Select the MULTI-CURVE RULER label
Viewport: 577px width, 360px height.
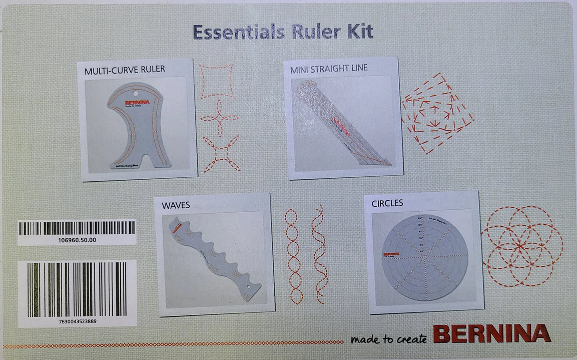(x=125, y=69)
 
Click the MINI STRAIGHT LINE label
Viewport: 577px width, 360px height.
(x=329, y=68)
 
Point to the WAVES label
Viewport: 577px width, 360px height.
(x=176, y=205)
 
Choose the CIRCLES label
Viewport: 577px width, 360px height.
(x=387, y=203)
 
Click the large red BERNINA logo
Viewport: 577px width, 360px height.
(x=491, y=333)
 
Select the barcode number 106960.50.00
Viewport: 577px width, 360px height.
(x=76, y=240)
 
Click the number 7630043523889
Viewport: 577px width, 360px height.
(x=77, y=321)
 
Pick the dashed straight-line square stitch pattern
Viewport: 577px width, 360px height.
(x=437, y=113)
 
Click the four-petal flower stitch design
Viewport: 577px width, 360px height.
(x=219, y=117)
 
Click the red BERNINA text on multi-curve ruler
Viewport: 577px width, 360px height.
(x=137, y=102)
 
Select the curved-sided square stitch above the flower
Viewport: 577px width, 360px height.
(x=217, y=81)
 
